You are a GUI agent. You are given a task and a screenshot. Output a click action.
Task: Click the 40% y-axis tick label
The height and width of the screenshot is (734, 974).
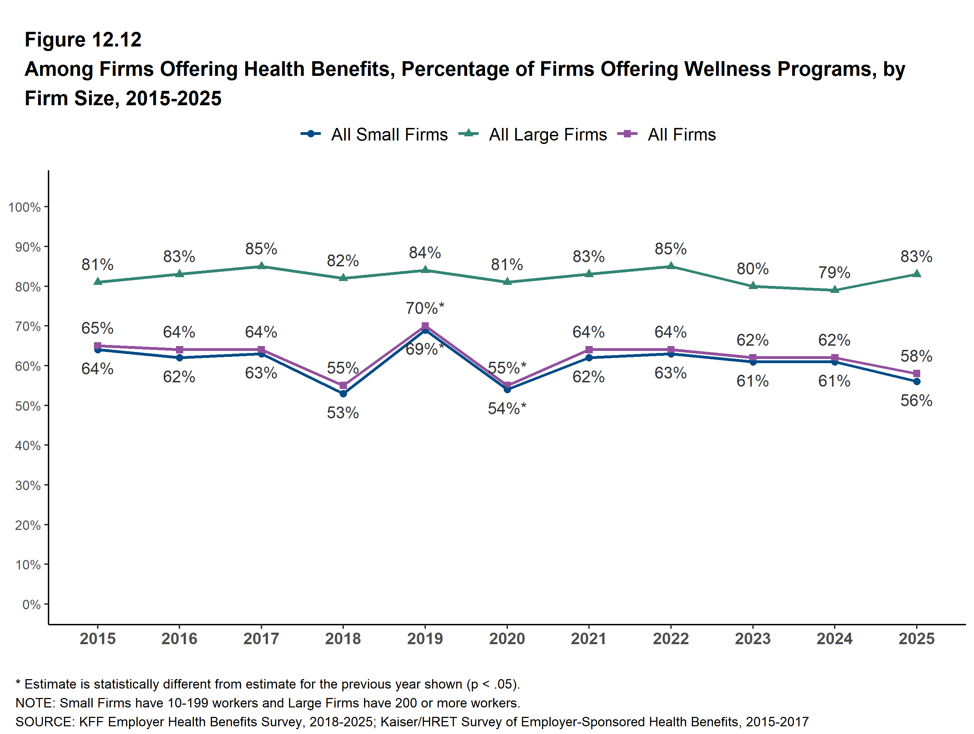coord(28,446)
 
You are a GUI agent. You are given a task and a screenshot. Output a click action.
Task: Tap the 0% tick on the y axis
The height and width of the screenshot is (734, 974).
coord(31,604)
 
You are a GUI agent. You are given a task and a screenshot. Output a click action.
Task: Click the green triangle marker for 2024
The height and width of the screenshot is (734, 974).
coord(834,290)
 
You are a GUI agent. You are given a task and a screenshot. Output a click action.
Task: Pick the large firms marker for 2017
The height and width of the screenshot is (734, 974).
coord(261,266)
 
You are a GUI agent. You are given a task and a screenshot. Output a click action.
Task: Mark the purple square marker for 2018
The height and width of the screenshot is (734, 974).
coord(343,385)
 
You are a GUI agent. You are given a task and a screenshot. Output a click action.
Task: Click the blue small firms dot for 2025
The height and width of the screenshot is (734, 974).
coord(916,381)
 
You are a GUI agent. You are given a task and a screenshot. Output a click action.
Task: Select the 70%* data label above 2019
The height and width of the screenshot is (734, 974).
coord(425,308)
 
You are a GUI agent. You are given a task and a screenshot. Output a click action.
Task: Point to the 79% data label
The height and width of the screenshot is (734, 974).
coord(834,272)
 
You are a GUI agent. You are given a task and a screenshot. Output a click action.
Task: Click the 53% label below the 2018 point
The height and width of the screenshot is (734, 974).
coord(343,413)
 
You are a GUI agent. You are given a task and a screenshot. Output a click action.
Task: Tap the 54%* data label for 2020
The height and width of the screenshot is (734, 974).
coord(507,409)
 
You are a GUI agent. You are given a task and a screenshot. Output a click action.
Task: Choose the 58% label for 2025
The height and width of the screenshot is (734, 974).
coord(916,356)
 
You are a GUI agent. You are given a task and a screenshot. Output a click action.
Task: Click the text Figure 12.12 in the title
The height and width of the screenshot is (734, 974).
coord(83,40)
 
